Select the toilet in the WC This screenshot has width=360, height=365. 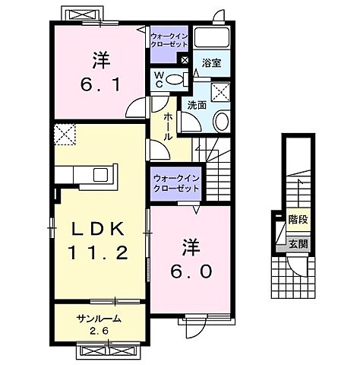(175, 78)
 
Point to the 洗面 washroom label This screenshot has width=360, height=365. (197, 105)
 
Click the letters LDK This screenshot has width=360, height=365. (99, 228)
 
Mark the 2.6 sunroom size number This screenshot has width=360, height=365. (99, 331)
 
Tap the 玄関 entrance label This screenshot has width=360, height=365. (298, 244)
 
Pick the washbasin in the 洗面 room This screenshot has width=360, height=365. (223, 119)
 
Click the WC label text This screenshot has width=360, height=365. (159, 78)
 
